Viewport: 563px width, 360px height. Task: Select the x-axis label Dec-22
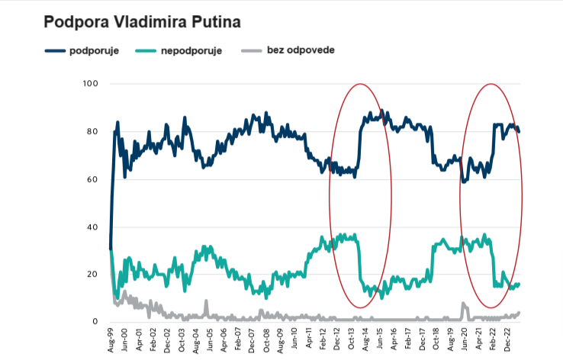(506, 339)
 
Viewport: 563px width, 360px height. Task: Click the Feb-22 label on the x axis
(492, 339)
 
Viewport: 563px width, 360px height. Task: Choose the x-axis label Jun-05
(210, 339)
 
